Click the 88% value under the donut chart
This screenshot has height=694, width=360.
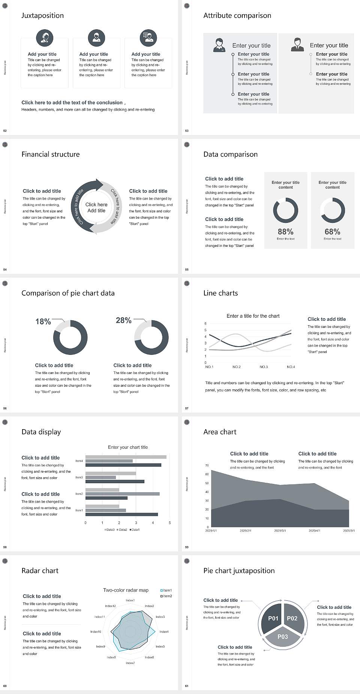(285, 232)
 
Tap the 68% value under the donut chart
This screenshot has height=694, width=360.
(332, 232)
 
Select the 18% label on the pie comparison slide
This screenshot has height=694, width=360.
(43, 321)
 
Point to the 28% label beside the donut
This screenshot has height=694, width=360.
(123, 320)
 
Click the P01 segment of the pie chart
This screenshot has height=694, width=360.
(273, 618)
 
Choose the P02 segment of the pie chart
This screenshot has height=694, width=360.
(292, 618)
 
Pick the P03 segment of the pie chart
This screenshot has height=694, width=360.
(283, 637)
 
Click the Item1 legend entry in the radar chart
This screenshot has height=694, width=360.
(166, 590)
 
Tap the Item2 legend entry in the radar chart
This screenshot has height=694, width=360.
(166, 596)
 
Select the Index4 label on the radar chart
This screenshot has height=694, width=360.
(164, 632)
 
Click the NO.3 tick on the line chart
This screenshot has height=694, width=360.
(264, 367)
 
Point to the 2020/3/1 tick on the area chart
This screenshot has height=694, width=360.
(280, 531)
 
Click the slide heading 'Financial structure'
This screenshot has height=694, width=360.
(51, 154)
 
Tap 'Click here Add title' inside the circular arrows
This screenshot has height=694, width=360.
(96, 207)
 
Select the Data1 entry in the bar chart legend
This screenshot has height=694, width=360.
(135, 530)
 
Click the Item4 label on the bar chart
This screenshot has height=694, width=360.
(79, 461)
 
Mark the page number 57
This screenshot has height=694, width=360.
(187, 408)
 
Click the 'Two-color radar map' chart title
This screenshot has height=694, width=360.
(126, 590)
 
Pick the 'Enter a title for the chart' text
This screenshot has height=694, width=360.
(253, 316)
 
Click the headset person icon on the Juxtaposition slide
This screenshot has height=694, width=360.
(45, 38)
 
